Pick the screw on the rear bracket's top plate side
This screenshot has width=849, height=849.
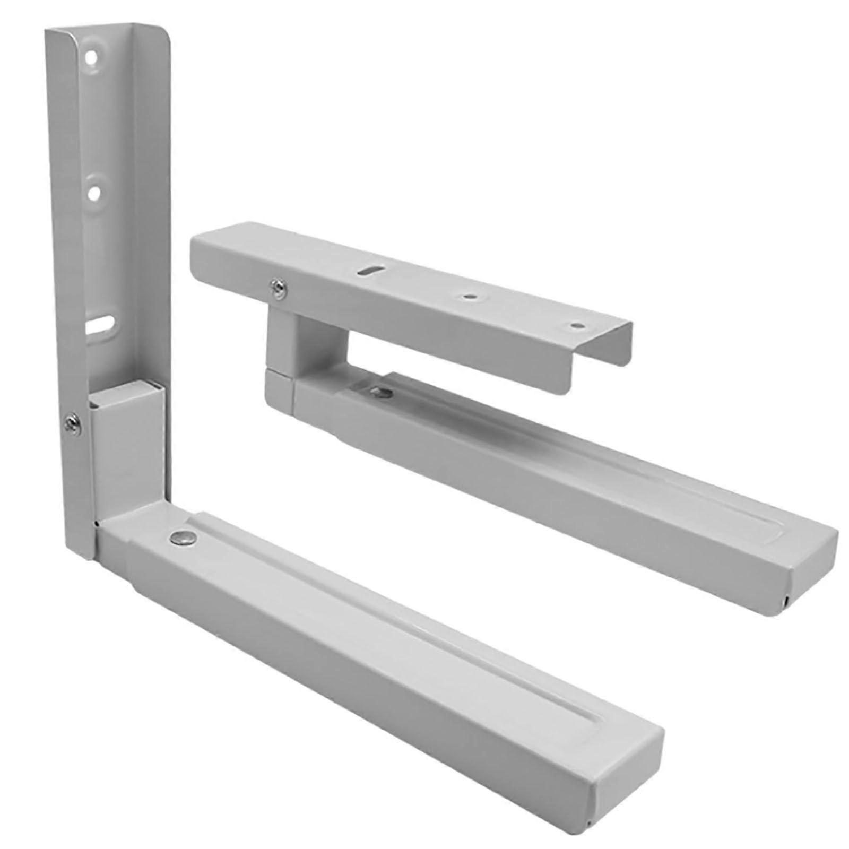coord(277,287)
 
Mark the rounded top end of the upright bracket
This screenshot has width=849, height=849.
coord(106,32)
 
